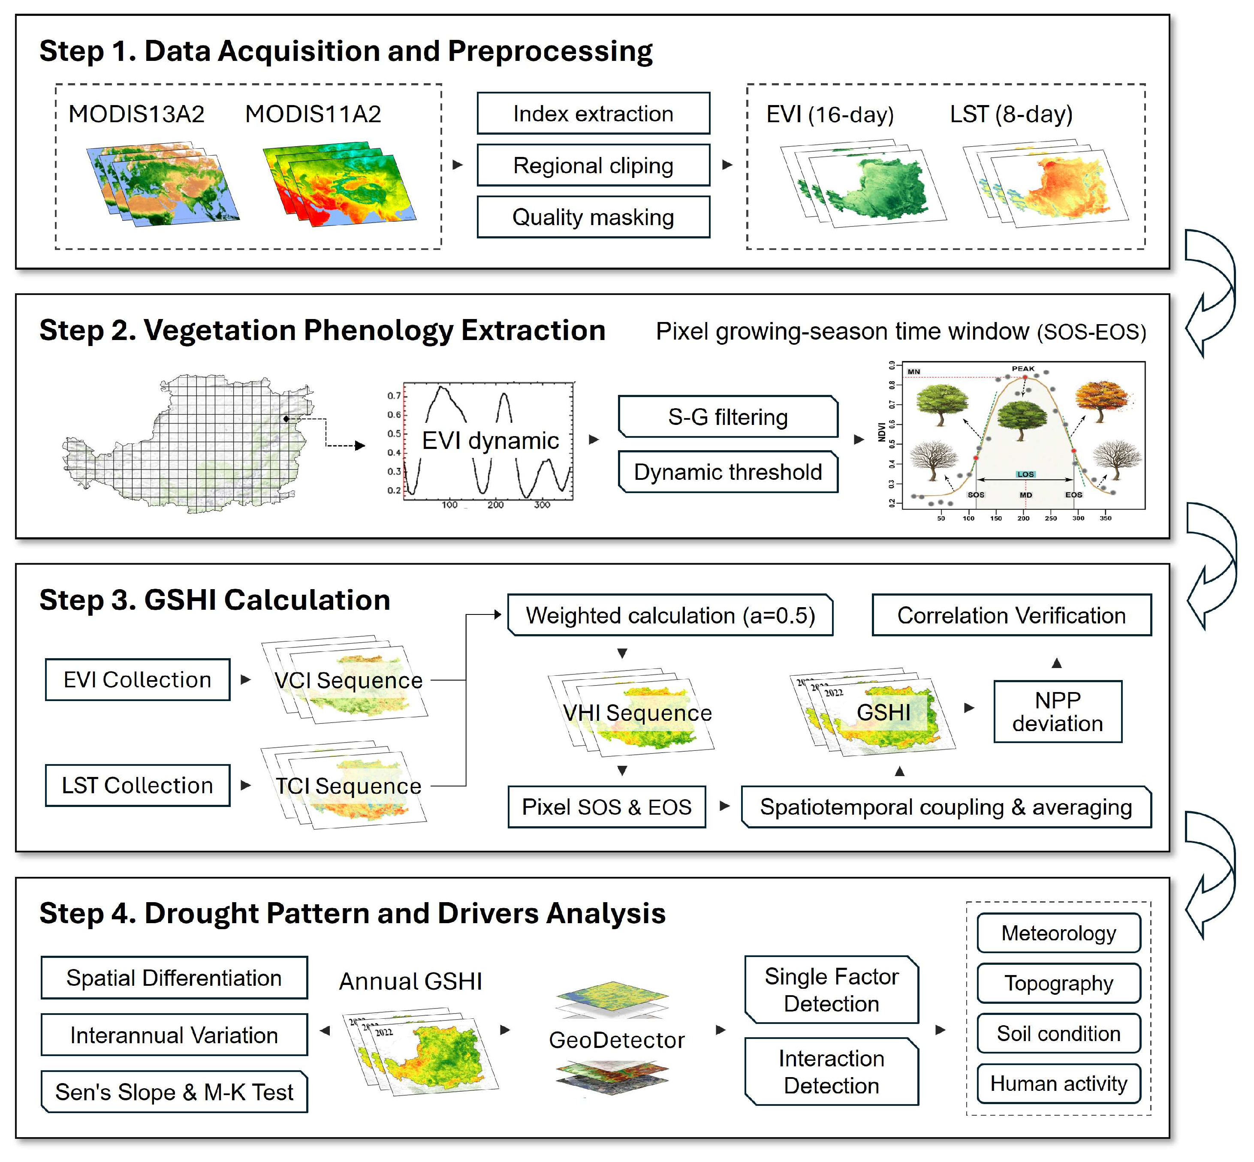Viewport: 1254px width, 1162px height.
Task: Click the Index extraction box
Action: (593, 113)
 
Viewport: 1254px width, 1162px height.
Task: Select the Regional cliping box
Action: (593, 166)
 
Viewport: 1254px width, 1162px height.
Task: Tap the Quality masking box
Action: (593, 217)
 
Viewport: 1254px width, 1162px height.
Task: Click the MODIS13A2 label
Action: (136, 114)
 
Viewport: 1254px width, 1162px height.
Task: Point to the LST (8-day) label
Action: (1011, 114)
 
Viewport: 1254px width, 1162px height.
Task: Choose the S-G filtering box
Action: (728, 417)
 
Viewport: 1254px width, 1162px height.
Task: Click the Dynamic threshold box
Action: (728, 472)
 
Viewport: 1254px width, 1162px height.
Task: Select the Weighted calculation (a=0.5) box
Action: (670, 615)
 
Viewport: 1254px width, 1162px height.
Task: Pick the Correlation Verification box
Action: (1011, 615)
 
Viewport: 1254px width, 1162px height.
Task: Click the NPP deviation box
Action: (1058, 712)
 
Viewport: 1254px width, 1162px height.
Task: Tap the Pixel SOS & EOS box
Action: (607, 807)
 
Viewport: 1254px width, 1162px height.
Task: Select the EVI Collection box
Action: (137, 680)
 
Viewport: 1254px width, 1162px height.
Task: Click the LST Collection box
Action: (137, 786)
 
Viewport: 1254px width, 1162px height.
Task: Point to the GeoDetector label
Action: (616, 1040)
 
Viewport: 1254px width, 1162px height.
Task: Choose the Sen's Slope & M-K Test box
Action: (174, 1092)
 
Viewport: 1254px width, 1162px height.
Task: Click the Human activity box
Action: (1058, 1084)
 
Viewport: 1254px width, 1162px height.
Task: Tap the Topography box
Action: (1058, 983)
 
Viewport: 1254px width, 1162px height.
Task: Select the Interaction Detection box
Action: (832, 1072)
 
